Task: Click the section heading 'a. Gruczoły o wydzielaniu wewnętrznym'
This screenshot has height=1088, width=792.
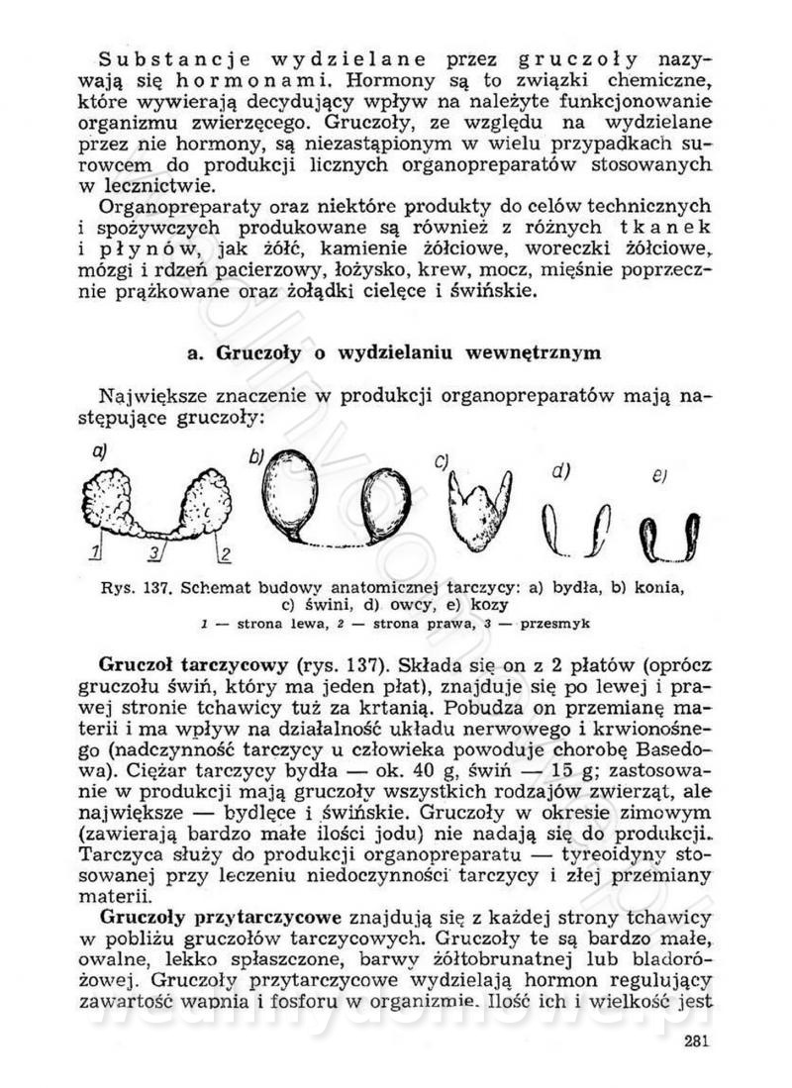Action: (x=396, y=353)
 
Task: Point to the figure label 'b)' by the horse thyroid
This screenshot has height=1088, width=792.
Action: (x=256, y=456)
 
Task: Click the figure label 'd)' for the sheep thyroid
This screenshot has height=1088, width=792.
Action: (x=560, y=471)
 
